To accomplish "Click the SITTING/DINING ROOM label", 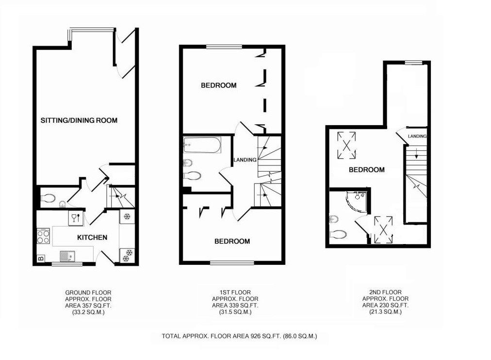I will [79, 120].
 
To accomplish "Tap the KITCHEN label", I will [92, 237].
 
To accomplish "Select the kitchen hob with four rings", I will [43, 237].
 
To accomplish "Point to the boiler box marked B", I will [40, 258].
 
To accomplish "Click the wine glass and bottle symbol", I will [75, 217].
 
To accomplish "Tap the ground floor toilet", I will [49, 198].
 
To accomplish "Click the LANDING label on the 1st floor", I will [245, 160].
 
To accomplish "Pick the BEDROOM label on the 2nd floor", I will [367, 170].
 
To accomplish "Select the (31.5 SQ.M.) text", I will [235, 312].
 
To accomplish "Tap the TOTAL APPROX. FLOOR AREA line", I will [239, 336].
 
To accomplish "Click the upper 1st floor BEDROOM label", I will [219, 85].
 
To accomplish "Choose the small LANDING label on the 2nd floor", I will [417, 137].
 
